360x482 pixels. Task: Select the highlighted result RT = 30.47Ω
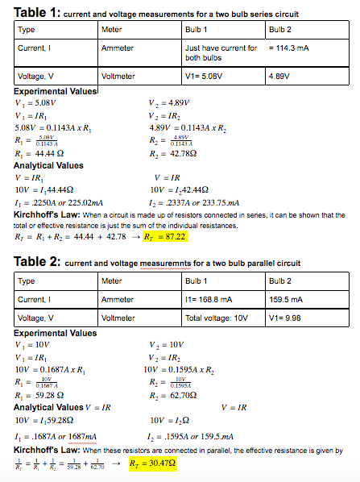point(152,465)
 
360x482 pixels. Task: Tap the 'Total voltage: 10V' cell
point(216,318)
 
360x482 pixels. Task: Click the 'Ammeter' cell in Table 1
point(118,48)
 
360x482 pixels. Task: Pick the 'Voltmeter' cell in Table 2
point(118,318)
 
